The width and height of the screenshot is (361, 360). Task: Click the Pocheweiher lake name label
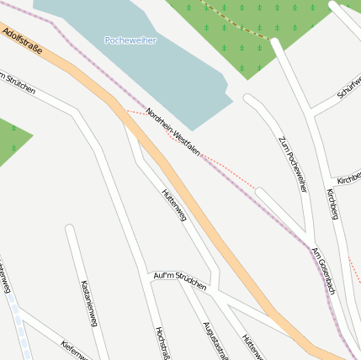coord(130,40)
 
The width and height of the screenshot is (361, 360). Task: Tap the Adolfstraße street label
coord(22,39)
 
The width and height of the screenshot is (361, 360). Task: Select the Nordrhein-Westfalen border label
coord(173,131)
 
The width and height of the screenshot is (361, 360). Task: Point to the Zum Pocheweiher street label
coord(292,163)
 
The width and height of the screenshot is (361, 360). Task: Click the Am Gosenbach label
coord(323,270)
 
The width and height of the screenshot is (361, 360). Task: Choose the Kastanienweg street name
coord(89,303)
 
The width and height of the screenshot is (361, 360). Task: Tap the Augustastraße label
coord(215,340)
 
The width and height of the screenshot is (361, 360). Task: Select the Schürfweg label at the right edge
coord(349,87)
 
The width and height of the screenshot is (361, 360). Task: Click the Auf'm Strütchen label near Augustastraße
coord(180,281)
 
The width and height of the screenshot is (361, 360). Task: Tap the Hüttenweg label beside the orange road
coord(173,205)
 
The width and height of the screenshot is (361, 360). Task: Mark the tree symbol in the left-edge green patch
coord(13,128)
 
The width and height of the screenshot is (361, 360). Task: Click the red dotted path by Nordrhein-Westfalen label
coord(227,169)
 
